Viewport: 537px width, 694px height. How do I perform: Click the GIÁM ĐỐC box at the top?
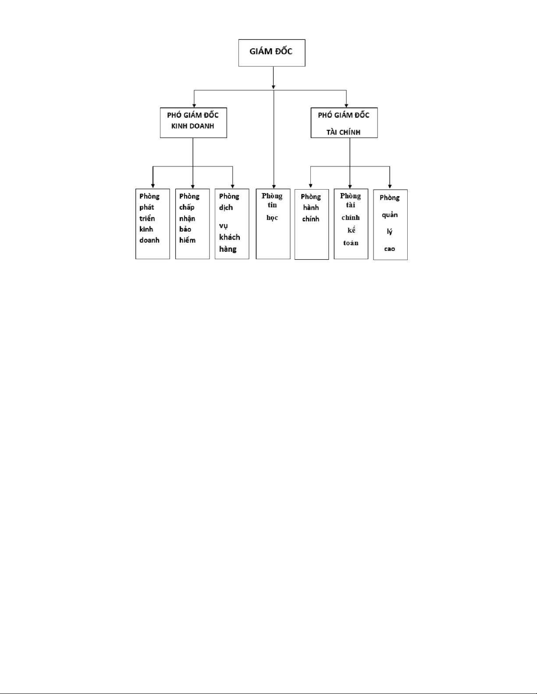[x=271, y=53]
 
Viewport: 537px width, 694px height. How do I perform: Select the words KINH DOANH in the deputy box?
[x=192, y=126]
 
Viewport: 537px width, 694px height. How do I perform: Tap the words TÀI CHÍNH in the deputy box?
[x=343, y=132]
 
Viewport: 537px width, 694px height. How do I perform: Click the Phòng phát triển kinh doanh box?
[x=153, y=224]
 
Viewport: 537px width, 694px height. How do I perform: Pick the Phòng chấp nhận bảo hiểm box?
[x=192, y=224]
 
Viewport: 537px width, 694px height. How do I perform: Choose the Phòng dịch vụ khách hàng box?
[x=232, y=224]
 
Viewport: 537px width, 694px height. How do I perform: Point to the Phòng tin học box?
[x=273, y=224]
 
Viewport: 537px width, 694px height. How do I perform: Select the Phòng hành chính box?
[x=312, y=224]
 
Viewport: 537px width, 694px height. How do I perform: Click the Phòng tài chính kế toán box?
[x=351, y=224]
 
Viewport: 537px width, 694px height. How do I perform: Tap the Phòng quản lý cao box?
[x=390, y=225]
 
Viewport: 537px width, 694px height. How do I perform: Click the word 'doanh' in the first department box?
[x=149, y=240]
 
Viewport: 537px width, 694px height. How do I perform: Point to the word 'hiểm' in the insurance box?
[x=187, y=240]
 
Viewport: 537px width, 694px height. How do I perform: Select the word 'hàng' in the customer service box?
[x=228, y=249]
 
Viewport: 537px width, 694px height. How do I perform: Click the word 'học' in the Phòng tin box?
[x=272, y=218]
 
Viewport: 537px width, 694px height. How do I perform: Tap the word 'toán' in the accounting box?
[x=351, y=243]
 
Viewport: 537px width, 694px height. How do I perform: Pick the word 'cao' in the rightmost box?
[x=389, y=249]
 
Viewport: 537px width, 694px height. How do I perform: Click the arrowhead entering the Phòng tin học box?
[x=274, y=187]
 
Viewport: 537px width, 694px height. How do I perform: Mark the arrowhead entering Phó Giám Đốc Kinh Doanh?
[x=194, y=105]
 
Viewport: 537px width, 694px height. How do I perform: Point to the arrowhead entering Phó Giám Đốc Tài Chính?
[x=346, y=105]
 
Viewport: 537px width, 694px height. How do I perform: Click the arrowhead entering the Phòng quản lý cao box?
[x=390, y=187]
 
